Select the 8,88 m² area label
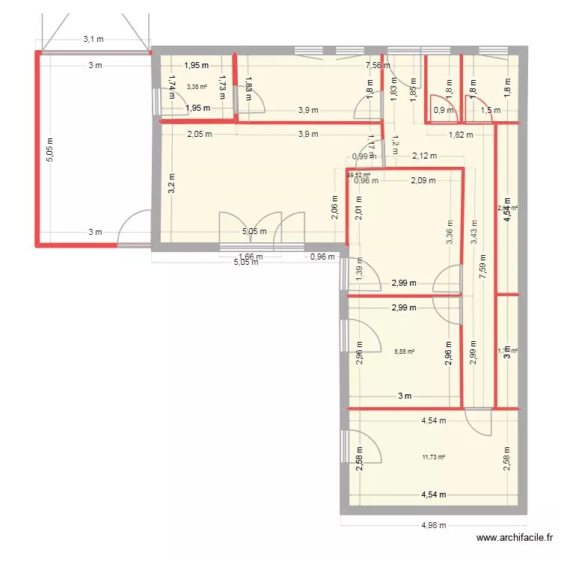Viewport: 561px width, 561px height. point(404,350)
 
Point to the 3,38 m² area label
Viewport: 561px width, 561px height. point(197,87)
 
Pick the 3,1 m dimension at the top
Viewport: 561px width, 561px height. point(93,38)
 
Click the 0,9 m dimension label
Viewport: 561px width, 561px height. point(444,111)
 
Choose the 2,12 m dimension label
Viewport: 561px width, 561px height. point(424,156)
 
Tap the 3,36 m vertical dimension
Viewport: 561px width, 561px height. point(449,232)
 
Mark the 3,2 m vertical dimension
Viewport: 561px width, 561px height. point(171,183)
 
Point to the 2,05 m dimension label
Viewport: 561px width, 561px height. point(200,135)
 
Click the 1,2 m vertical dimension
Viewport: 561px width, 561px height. point(396,144)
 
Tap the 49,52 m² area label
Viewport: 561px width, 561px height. point(358,175)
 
